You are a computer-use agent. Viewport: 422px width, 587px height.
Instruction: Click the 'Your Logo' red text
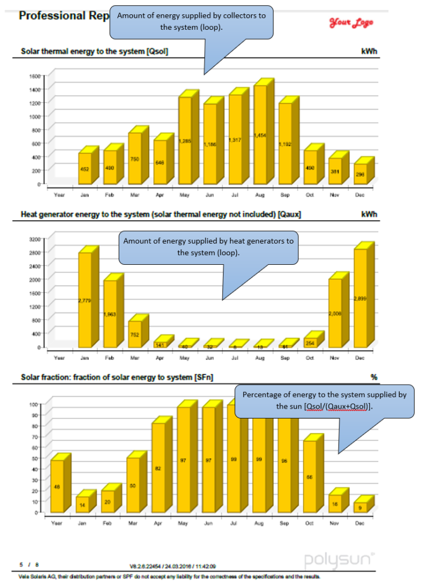click(x=351, y=22)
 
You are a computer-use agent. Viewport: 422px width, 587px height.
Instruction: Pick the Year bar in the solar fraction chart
click(x=57, y=486)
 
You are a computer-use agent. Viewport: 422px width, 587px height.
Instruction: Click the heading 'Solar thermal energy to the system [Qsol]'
click(x=95, y=52)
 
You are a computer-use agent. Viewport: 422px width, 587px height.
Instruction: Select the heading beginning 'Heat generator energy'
click(x=161, y=214)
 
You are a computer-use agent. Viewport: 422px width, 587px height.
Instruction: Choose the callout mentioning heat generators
click(x=208, y=246)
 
